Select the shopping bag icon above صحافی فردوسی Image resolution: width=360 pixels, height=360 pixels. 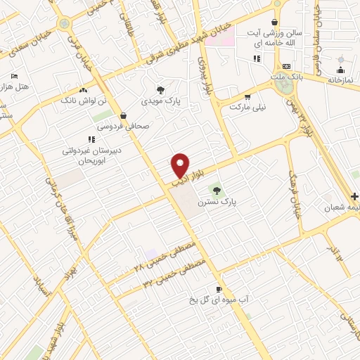(x=124, y=115)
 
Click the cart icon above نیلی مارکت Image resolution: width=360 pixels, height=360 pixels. (x=247, y=97)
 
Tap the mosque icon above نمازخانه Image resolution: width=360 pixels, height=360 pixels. (x=340, y=70)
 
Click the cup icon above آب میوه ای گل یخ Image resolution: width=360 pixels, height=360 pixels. (x=219, y=289)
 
